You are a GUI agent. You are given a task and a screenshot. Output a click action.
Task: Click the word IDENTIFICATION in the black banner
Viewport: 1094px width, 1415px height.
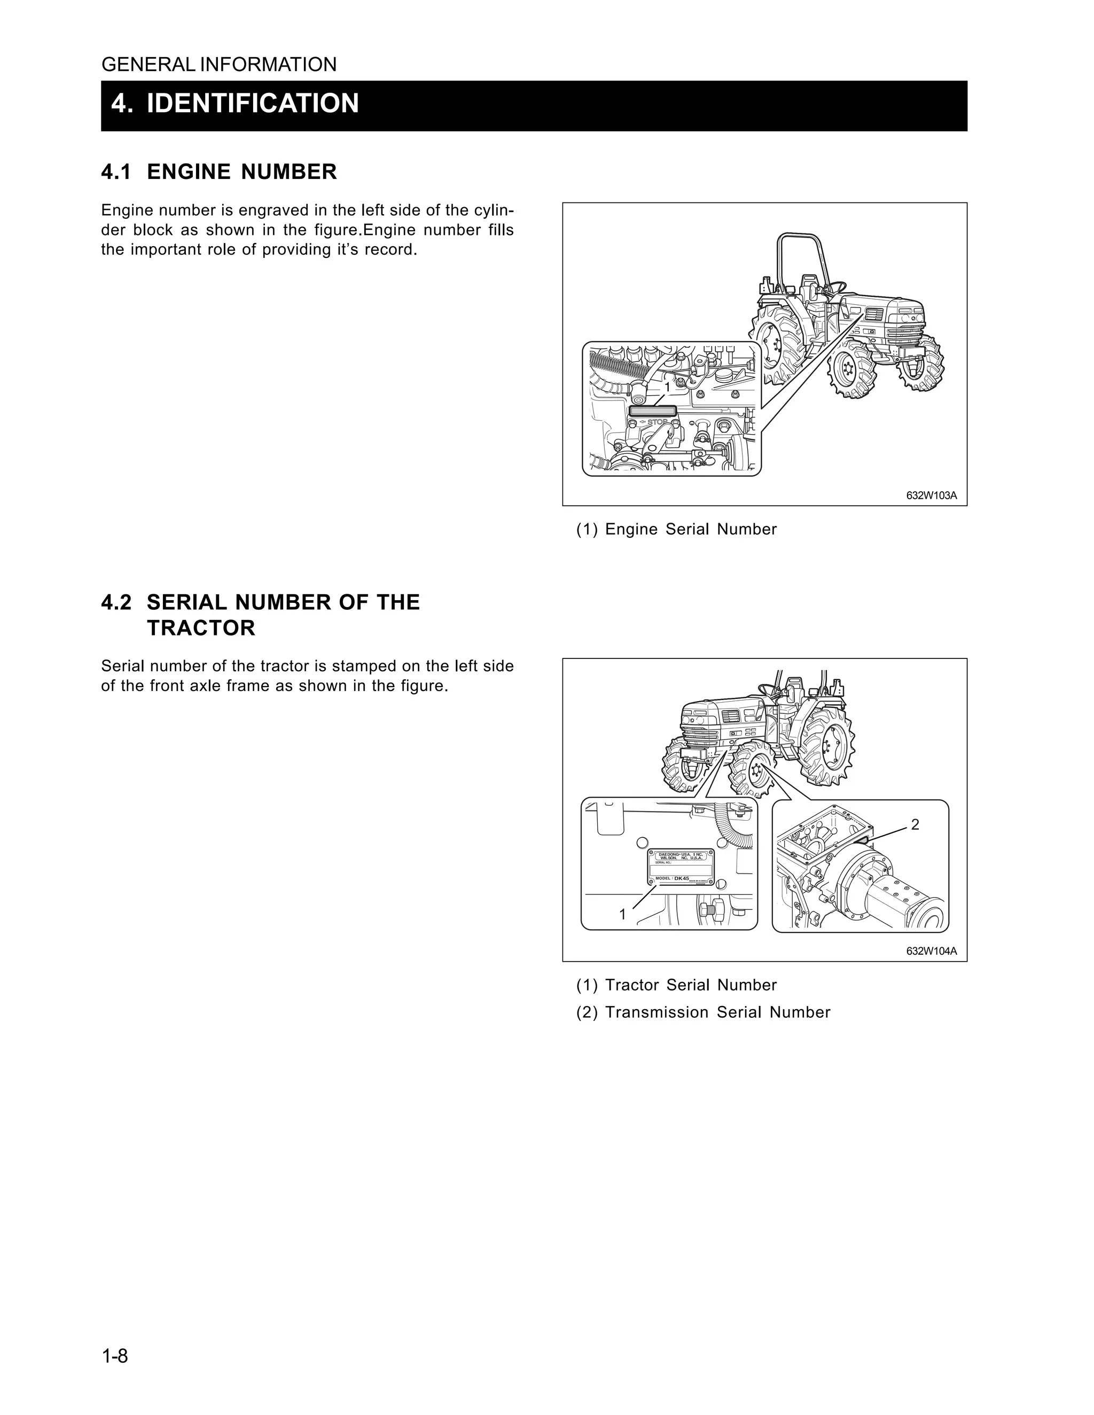pyautogui.click(x=252, y=104)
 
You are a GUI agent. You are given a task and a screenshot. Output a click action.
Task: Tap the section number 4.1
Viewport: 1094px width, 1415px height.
pyautogui.click(x=116, y=172)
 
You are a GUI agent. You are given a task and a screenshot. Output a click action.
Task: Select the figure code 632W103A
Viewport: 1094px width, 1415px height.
pyautogui.click(x=931, y=496)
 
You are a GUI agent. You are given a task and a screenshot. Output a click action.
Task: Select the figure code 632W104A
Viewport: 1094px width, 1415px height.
pyautogui.click(x=931, y=951)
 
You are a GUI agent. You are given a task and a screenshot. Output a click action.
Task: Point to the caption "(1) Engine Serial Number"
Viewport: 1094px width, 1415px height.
pyautogui.click(x=676, y=529)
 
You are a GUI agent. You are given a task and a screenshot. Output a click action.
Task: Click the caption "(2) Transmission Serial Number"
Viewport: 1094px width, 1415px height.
pyautogui.click(x=702, y=1012)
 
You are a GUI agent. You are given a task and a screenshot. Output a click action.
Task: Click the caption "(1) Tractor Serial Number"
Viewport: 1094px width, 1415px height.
pyautogui.click(x=676, y=985)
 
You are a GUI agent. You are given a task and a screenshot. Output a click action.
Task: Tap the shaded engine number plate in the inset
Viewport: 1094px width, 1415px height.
pyautogui.click(x=653, y=411)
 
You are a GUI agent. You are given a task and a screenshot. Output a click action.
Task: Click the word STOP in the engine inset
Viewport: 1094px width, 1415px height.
pyautogui.click(x=657, y=422)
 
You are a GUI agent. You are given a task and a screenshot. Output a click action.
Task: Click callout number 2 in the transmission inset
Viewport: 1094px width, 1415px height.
pyautogui.click(x=915, y=825)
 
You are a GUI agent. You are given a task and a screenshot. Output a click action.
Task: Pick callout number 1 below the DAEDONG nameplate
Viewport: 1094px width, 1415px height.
pyautogui.click(x=623, y=914)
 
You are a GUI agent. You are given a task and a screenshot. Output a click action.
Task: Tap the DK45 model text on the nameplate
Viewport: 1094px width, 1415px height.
pyautogui.click(x=681, y=878)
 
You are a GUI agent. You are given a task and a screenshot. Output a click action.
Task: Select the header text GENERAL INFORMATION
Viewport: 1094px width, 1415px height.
pyautogui.click(x=219, y=65)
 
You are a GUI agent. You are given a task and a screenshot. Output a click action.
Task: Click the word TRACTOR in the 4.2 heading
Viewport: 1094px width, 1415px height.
pyautogui.click(x=201, y=628)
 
